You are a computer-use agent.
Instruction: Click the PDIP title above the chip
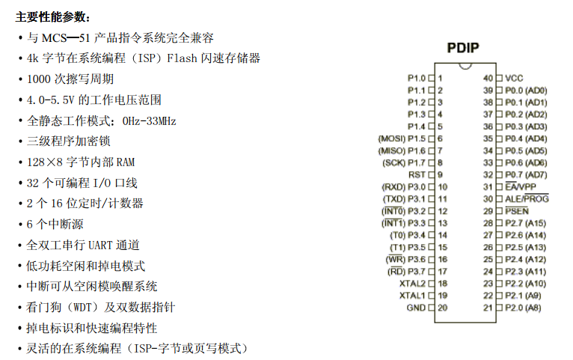463,48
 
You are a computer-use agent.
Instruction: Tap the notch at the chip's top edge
465,66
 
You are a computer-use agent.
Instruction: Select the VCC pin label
514,79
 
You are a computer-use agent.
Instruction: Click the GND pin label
416,308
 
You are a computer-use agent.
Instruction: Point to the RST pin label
417,174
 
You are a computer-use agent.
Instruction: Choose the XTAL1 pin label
413,296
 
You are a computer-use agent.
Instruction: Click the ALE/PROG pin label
527,198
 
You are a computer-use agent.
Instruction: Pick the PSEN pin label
517,211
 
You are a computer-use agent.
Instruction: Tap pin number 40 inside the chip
488,79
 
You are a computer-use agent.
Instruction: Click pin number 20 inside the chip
443,308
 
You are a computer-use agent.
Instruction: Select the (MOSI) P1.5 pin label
402,139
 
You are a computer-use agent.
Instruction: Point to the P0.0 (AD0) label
526,91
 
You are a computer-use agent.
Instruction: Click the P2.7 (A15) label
525,223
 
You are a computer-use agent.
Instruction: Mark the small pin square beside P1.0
431,79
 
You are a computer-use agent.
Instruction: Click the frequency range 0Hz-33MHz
149,121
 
